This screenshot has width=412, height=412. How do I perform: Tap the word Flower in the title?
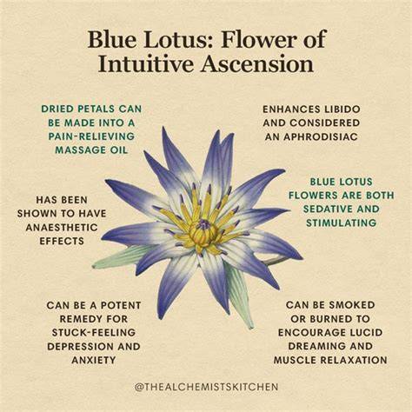258,39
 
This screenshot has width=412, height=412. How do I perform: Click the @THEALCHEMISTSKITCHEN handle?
206,387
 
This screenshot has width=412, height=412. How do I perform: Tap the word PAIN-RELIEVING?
91,136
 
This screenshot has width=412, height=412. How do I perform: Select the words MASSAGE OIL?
91,150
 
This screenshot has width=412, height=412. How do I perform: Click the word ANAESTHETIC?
62,227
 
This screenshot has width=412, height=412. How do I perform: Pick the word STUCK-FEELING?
94,333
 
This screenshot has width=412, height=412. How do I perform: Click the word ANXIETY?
94,361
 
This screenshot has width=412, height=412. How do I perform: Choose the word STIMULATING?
342,223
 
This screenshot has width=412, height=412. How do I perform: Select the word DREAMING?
315,346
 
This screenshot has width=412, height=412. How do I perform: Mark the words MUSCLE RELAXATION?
330,360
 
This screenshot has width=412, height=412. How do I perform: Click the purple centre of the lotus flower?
204,224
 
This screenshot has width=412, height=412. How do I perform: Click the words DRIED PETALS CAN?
91,109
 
